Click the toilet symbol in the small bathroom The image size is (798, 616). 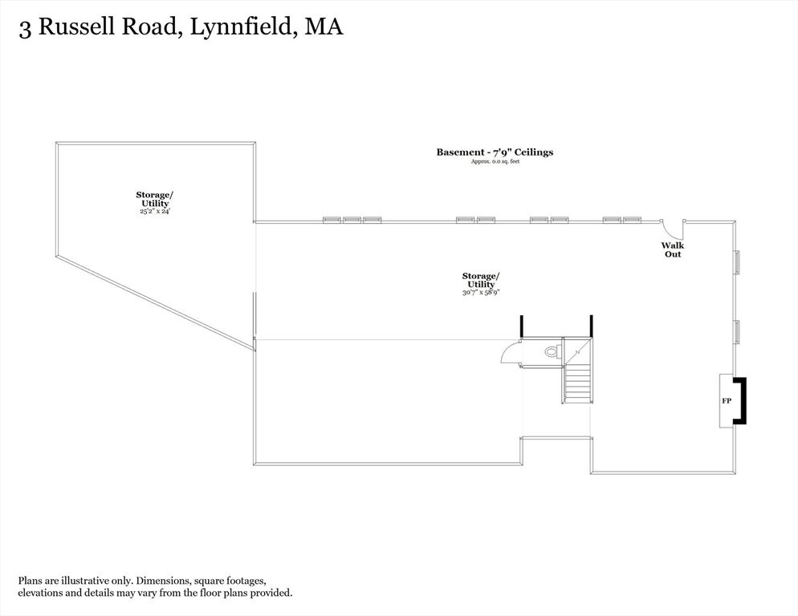tap(552, 351)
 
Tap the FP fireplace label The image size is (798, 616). tap(727, 401)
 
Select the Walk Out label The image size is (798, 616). tap(673, 249)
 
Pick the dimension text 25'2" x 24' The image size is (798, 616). tap(155, 211)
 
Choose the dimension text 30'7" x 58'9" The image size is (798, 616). tap(481, 293)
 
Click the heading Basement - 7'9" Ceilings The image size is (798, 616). tap(495, 152)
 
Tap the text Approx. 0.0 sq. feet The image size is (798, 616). tap(495, 162)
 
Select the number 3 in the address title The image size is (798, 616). tap(24, 29)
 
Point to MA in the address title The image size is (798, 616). tap(324, 26)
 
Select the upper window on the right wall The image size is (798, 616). tap(736, 262)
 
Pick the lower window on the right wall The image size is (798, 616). tap(736, 332)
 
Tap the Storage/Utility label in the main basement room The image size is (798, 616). tap(481, 280)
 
